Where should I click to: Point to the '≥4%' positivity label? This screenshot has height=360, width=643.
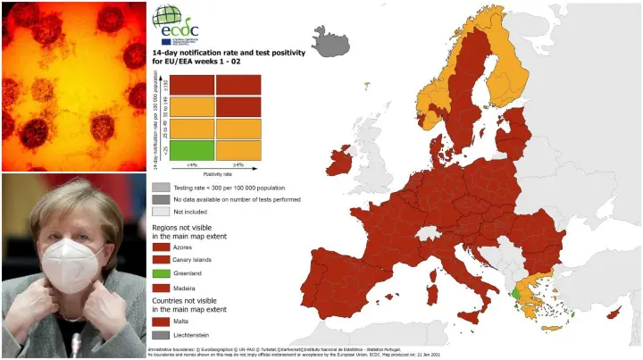(x=238, y=164)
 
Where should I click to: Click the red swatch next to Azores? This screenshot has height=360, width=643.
(x=161, y=244)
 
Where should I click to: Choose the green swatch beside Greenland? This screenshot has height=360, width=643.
(x=161, y=272)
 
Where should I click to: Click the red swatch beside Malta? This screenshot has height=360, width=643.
(x=161, y=317)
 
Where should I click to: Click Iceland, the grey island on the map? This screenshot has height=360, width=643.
(x=331, y=39)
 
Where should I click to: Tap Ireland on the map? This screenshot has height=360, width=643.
(x=340, y=163)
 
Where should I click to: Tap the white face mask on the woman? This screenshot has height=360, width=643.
(x=72, y=264)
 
